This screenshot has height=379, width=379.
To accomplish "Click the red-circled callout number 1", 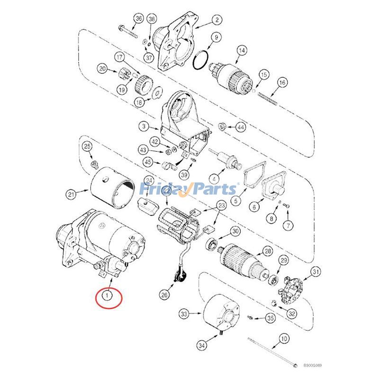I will click(108, 296).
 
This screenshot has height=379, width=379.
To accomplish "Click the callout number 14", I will click(242, 50).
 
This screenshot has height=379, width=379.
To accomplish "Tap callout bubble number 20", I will click(103, 69).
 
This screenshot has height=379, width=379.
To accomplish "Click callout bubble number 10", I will click(283, 339).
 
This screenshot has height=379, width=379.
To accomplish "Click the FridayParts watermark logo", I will click(188, 189).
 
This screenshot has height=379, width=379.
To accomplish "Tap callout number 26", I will click(164, 295).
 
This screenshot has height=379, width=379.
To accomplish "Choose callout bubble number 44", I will click(241, 127).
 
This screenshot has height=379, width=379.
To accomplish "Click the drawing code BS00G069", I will click(313, 365).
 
